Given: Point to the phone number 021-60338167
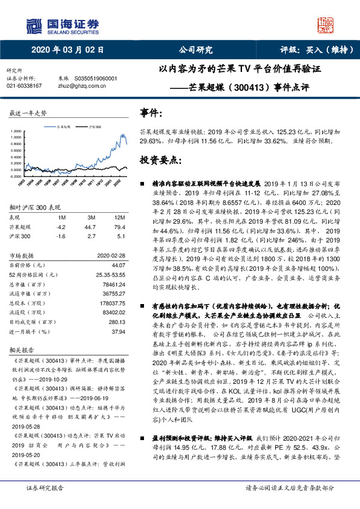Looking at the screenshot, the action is (x=24, y=86).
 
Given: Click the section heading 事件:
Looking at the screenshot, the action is (x=151, y=112).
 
